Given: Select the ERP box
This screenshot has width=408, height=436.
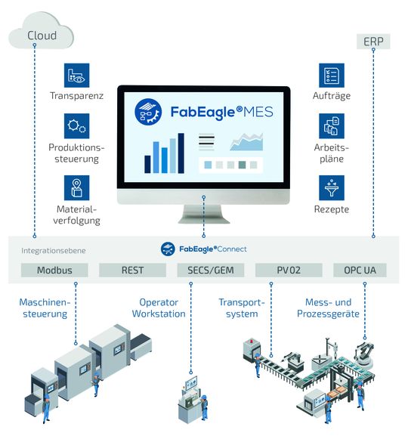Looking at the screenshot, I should [372, 42].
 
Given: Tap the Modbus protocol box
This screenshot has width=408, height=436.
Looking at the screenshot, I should [54, 270].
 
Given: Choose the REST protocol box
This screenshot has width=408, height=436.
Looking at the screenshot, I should [132, 270].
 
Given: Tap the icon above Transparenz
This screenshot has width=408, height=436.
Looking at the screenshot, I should [76, 76].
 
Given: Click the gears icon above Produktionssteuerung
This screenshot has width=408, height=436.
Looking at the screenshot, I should [76, 126].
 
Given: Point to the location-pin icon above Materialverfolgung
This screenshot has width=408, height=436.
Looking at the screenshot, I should [76, 187].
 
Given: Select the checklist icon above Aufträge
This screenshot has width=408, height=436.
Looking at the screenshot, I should [330, 76].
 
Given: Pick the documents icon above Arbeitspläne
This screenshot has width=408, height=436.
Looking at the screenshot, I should [330, 126].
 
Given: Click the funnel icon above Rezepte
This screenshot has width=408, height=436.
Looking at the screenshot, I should [330, 187].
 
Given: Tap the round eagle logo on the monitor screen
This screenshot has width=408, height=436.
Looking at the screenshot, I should [150, 110].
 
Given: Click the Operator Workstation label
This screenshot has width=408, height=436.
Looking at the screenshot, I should [158, 308].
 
